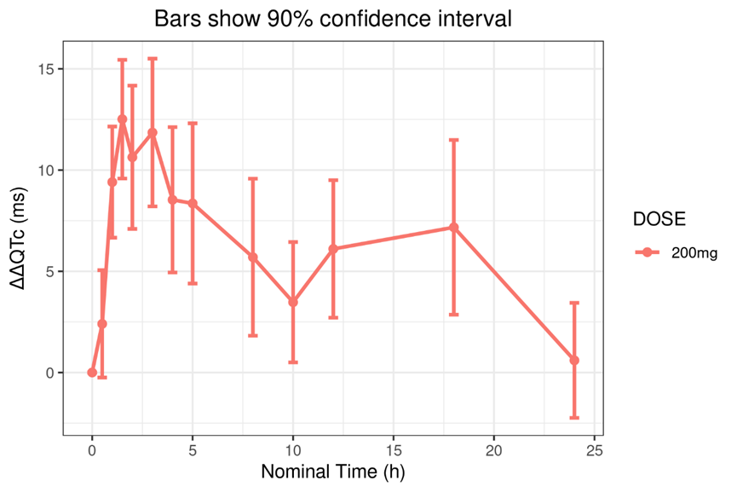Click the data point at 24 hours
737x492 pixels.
(574, 361)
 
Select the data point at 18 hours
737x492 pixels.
(454, 228)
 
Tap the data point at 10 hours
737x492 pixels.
(293, 302)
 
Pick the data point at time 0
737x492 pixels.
(92, 373)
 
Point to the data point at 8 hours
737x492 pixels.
(253, 258)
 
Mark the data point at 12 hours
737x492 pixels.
(333, 249)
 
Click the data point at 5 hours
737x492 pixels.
(193, 203)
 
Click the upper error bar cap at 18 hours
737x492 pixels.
(454, 140)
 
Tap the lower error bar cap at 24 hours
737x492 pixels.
(574, 418)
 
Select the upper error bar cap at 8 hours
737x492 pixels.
(253, 178)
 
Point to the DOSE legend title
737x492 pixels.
(659, 220)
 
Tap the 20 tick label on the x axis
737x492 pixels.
(494, 449)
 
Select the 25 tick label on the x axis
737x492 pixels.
(594, 449)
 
